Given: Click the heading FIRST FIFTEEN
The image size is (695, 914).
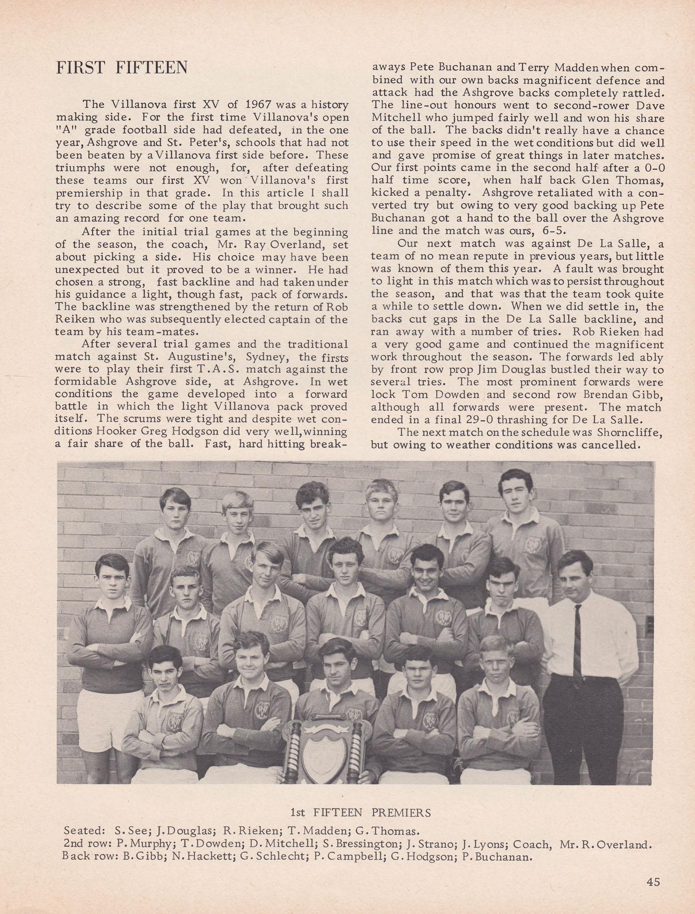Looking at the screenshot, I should tap(121, 68).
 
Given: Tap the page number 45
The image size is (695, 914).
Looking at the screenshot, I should tap(653, 882).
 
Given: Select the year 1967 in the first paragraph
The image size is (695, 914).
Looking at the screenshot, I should tap(259, 105).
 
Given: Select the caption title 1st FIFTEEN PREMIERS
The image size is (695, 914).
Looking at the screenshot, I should tap(360, 812).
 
